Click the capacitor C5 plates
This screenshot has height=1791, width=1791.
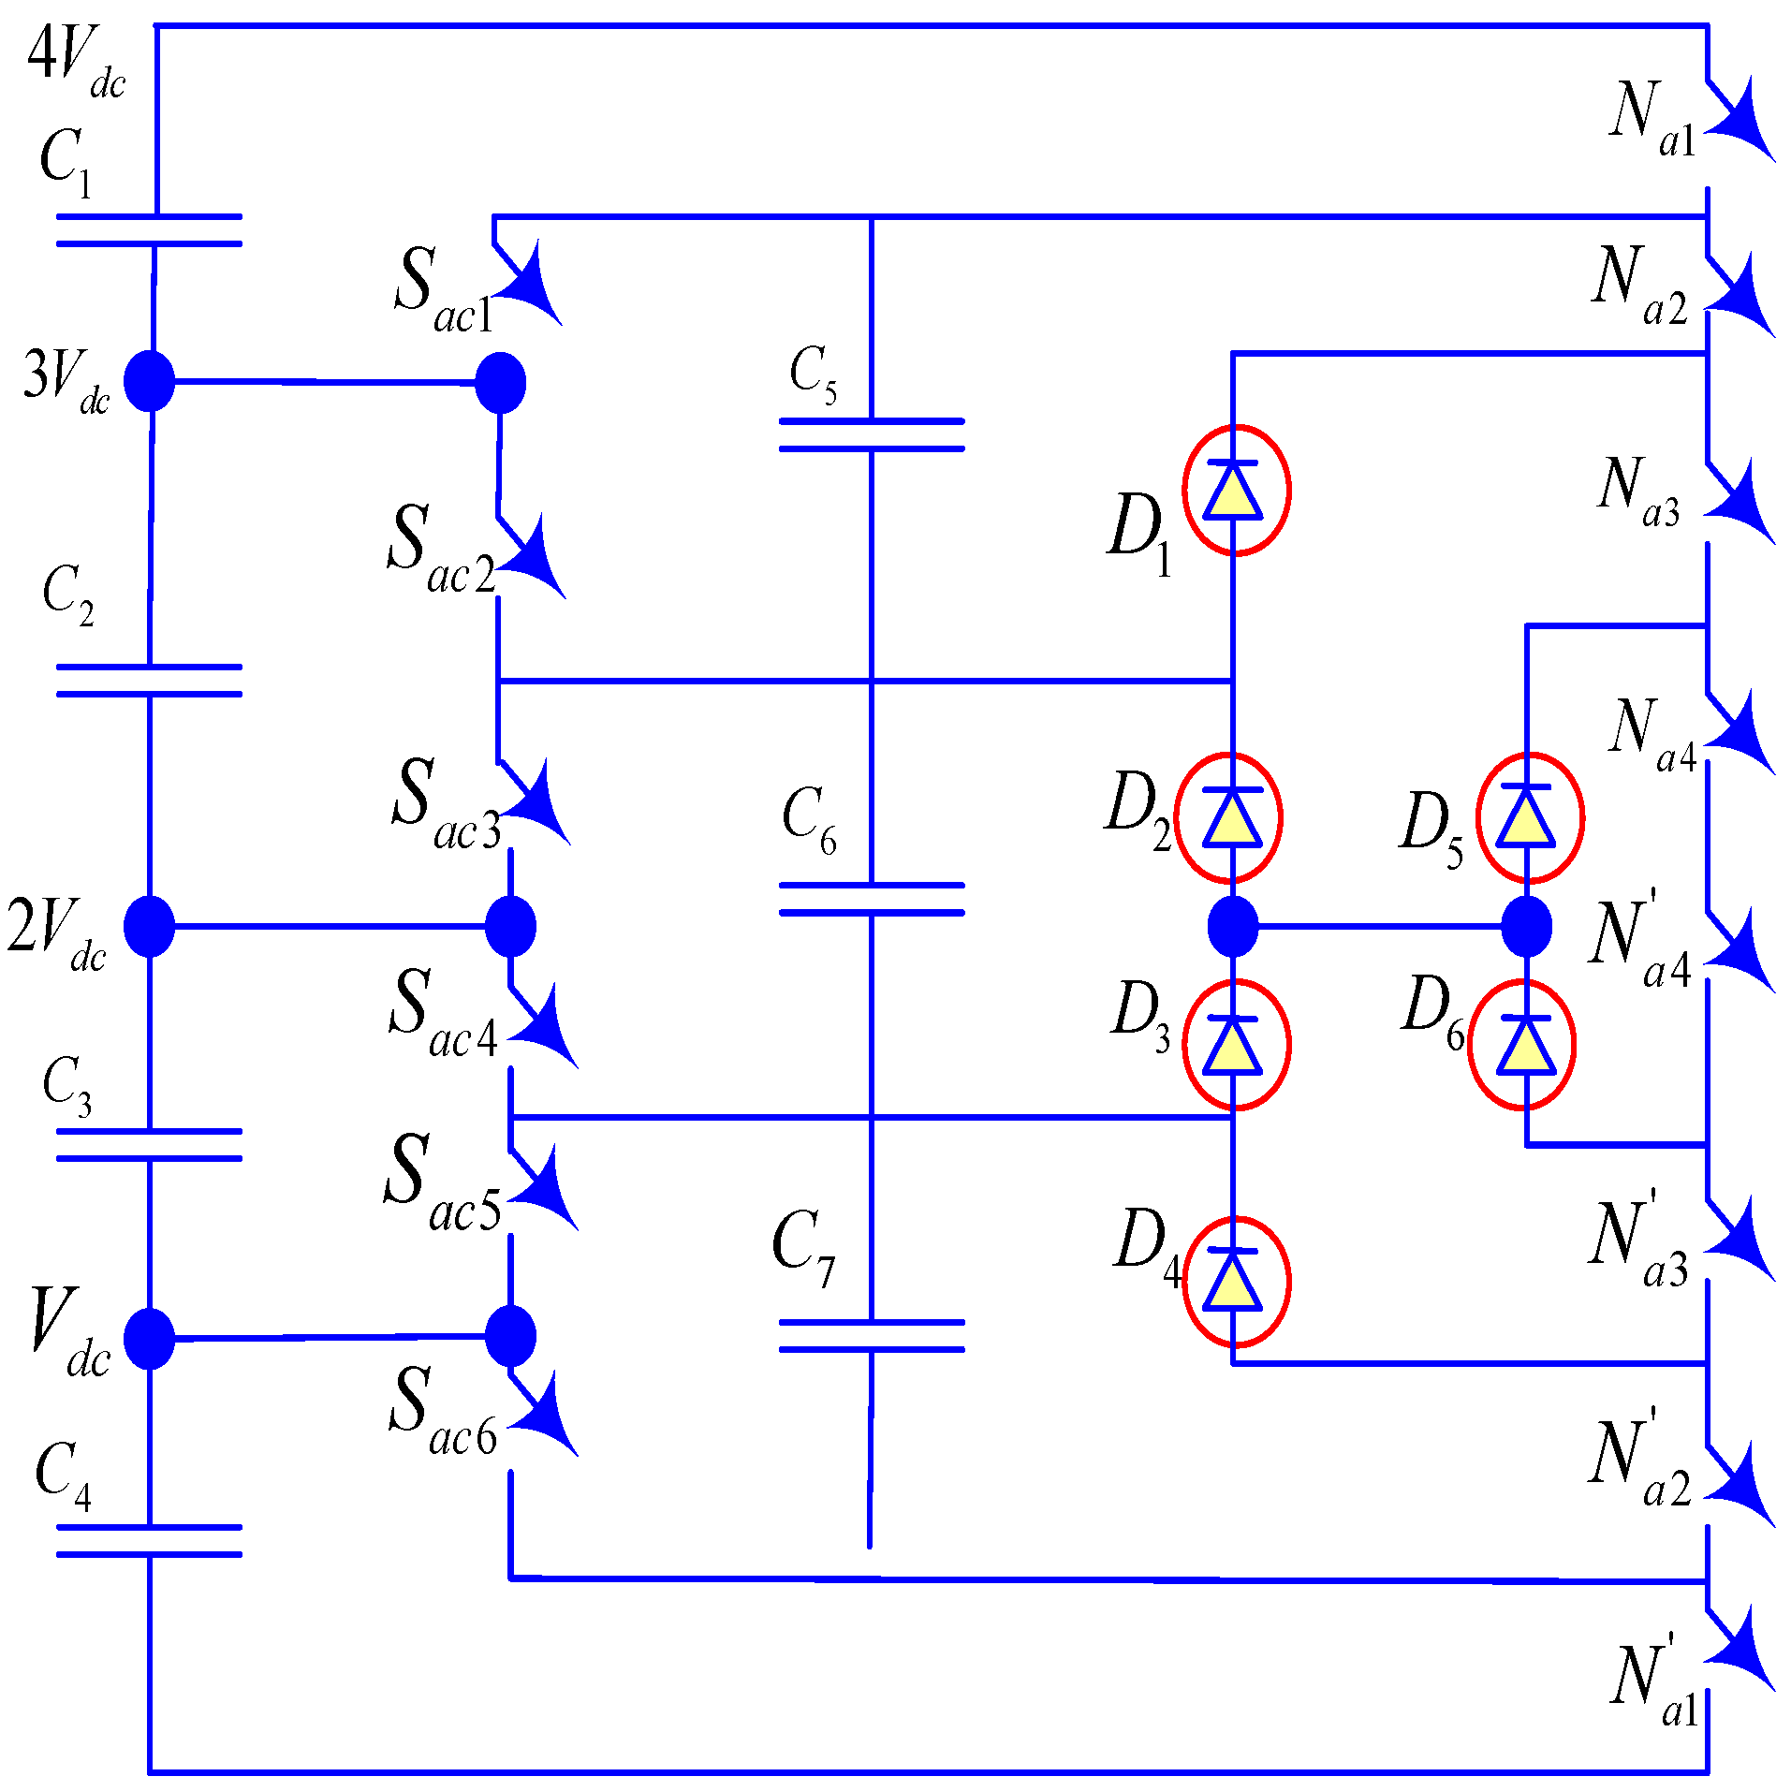coord(871,435)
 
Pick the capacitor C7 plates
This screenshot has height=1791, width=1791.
coord(871,1336)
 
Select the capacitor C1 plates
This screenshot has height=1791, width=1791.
coord(150,230)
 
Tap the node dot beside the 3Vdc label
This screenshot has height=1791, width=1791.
coord(150,381)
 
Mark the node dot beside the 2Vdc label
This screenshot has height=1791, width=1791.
coord(150,926)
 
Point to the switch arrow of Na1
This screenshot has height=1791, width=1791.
coord(1740,120)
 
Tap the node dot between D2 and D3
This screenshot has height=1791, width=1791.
coord(1233,926)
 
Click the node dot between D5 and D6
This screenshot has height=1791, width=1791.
coord(1526,926)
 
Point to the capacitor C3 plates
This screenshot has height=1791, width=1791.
coord(150,1144)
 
